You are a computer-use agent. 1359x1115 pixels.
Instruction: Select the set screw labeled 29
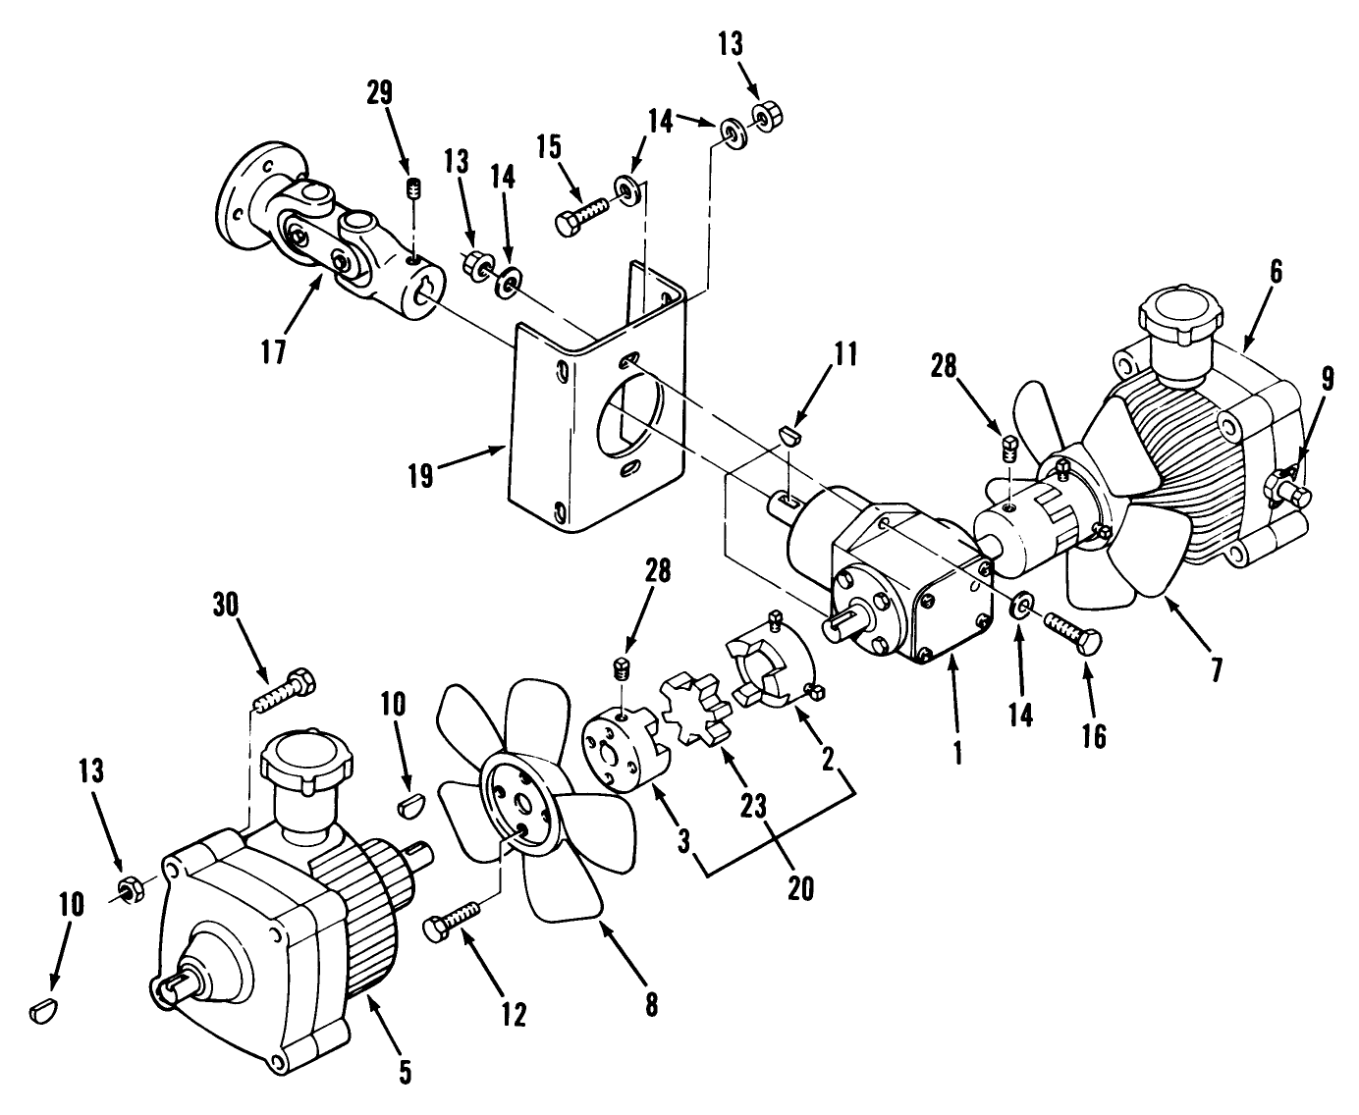click(x=413, y=186)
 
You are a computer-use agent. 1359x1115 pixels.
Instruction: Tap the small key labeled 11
click(x=789, y=433)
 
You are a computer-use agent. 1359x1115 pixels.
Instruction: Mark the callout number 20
click(x=800, y=884)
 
